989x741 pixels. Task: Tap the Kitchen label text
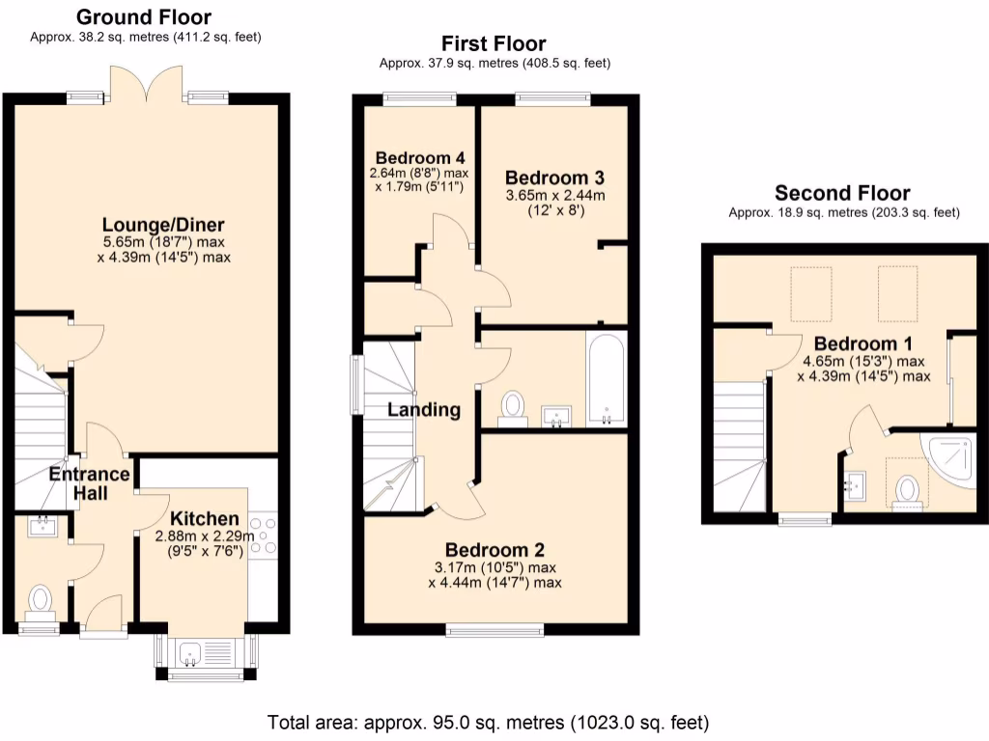(204, 519)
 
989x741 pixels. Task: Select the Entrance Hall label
(89, 483)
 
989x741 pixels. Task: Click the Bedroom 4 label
(413, 157)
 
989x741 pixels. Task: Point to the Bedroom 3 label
(554, 178)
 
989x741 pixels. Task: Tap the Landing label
(423, 409)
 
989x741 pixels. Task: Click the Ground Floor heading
(143, 16)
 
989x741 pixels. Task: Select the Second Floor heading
(842, 193)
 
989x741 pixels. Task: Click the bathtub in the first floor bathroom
(606, 378)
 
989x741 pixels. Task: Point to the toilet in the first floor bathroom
(512, 406)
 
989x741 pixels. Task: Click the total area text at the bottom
(488, 722)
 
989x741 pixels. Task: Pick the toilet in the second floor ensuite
(906, 491)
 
